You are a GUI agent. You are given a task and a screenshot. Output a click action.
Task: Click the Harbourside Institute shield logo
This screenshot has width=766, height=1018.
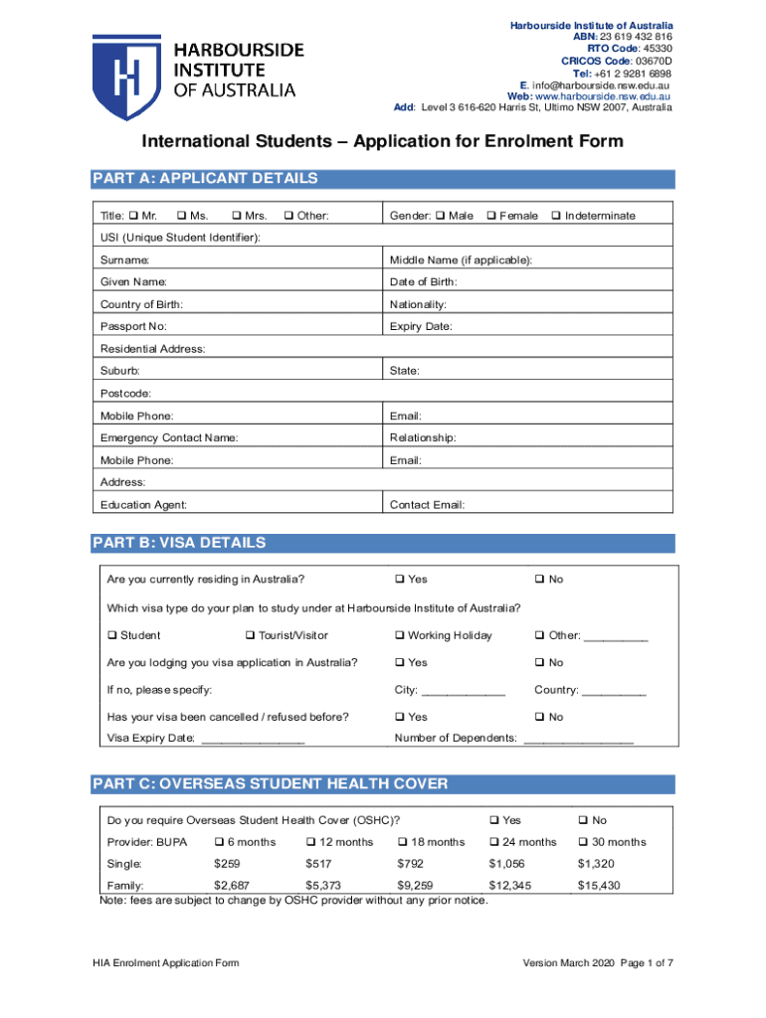[x=126, y=76]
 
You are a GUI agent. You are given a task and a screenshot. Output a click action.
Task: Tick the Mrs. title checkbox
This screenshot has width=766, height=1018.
[x=236, y=216]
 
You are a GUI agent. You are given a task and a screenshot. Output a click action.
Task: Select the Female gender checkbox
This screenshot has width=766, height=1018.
[x=490, y=216]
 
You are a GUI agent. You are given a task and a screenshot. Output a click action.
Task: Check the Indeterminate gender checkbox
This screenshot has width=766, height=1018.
[x=556, y=216]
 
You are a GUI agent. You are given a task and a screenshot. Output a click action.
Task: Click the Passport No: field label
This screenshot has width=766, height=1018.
[x=133, y=326]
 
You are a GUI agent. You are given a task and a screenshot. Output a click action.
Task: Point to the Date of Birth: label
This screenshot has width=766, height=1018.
[x=423, y=282]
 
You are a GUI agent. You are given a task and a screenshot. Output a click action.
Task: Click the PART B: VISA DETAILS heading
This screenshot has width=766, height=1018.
[x=179, y=543]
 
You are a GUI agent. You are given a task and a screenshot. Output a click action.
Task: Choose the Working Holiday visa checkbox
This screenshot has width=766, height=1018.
[x=399, y=635]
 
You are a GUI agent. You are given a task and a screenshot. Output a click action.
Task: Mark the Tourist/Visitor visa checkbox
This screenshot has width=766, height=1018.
[x=250, y=635]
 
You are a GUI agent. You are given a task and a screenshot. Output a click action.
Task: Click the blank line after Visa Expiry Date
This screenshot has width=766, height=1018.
[x=253, y=739]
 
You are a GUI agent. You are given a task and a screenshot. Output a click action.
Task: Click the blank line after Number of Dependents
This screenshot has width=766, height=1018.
[x=577, y=739]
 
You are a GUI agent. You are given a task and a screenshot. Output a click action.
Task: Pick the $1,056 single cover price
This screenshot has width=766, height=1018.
[x=506, y=863]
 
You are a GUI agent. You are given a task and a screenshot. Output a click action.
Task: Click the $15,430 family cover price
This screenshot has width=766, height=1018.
[x=599, y=885]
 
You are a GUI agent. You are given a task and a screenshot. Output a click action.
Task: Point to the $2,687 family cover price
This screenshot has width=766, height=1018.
[x=232, y=885]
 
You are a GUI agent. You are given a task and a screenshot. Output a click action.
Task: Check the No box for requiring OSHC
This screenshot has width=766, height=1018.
[x=584, y=820]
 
